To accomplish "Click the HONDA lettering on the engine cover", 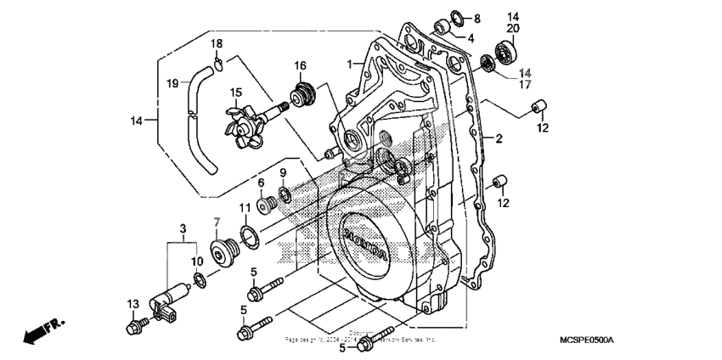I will [x=365, y=243].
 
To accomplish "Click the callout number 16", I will [x=300, y=65].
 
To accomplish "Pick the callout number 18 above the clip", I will [x=217, y=43].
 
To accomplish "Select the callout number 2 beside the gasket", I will [x=499, y=138].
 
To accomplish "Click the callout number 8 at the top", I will [x=477, y=18].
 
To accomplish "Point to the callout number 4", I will [x=470, y=37].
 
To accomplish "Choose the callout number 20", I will [x=513, y=28].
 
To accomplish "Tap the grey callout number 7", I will [x=217, y=222].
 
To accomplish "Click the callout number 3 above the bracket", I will [x=182, y=228].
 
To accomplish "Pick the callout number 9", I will [x=283, y=173].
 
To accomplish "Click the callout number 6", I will [x=261, y=182].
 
